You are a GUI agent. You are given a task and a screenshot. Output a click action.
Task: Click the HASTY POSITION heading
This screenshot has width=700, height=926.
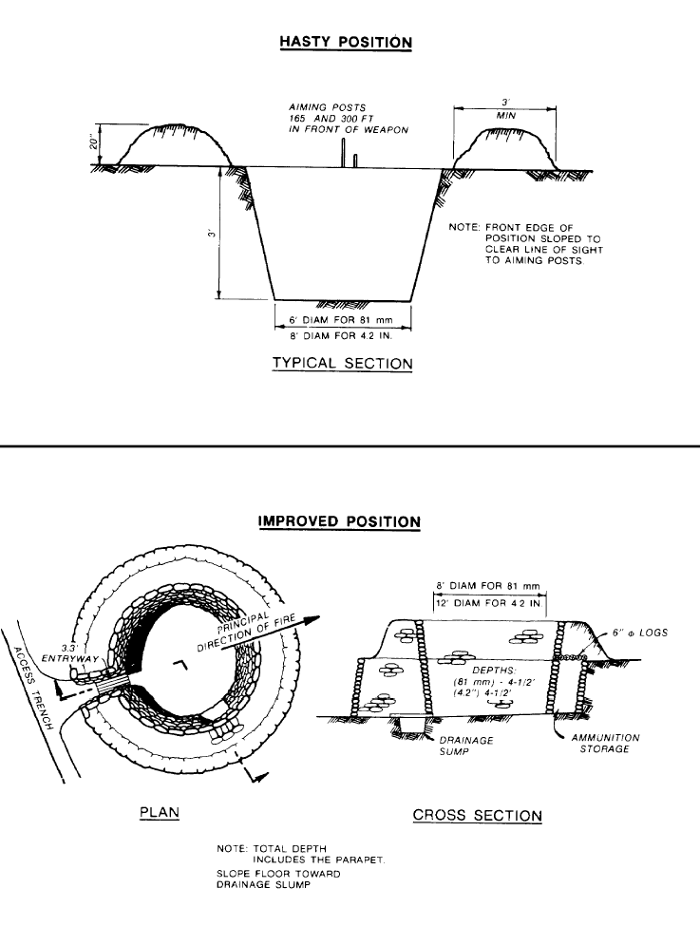(x=346, y=42)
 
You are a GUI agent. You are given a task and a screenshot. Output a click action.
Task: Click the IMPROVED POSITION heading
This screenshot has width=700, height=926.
(x=340, y=521)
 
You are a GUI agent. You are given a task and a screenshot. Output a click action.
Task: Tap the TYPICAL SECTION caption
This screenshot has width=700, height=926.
(x=342, y=364)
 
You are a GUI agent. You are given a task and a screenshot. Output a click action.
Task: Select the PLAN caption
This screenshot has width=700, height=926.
(x=160, y=813)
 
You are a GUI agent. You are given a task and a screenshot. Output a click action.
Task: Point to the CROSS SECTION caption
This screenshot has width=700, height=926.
(x=478, y=815)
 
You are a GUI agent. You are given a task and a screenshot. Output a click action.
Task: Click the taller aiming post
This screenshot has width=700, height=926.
(x=343, y=152)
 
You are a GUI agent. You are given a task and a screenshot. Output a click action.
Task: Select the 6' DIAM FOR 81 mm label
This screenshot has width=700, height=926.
(x=342, y=320)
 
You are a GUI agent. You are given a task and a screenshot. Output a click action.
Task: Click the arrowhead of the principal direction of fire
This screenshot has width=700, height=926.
(x=312, y=620)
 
